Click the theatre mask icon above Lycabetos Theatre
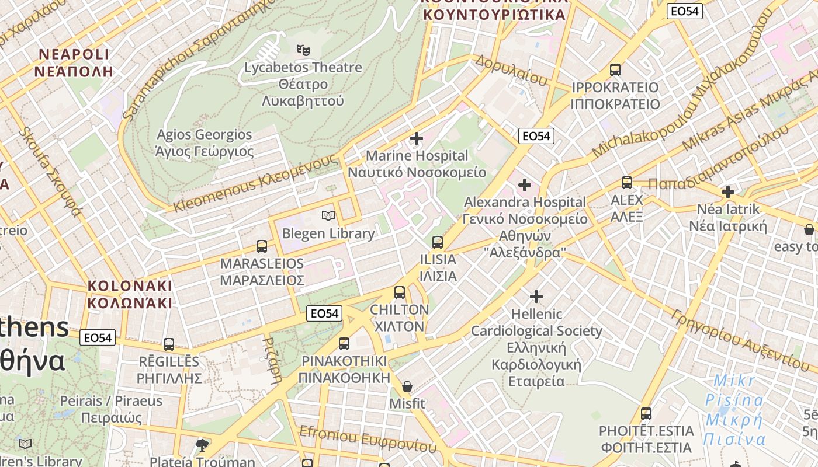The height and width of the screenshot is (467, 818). click(302, 51)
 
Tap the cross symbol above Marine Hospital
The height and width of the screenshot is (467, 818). click(417, 139)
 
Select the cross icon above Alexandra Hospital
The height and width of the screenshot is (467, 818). click(525, 186)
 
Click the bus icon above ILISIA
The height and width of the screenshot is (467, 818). click(438, 242)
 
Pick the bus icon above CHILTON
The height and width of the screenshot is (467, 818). click(400, 292)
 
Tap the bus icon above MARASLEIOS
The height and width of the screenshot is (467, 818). click(262, 246)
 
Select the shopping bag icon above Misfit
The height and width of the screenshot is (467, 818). click(407, 386)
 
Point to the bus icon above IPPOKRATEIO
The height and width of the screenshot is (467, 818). click(615, 70)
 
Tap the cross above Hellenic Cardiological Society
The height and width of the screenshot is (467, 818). click(536, 297)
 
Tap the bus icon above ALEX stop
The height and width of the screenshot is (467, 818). click(627, 183)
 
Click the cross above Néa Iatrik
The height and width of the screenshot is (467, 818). click(728, 192)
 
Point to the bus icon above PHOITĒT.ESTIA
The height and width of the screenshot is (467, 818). click(646, 414)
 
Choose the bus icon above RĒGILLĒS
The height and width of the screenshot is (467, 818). click(169, 344)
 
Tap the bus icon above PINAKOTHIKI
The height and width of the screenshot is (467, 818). click(344, 344)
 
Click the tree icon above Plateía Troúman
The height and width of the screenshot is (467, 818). click(202, 446)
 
